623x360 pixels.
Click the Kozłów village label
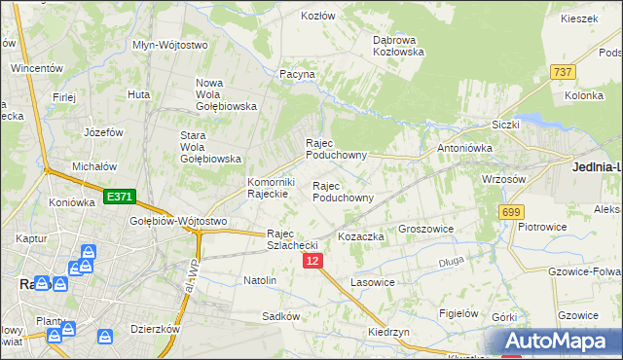pos(318,17)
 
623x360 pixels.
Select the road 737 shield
pos(562,72)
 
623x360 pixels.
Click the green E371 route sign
pos(119,197)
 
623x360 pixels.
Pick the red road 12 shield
pos(312,261)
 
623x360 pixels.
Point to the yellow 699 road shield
pos(510,211)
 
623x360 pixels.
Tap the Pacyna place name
pos(297,74)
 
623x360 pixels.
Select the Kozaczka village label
pos(361,236)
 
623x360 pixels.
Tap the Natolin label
pos(260,280)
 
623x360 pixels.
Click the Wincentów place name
pos(36,69)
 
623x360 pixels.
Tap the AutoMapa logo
pos(564,342)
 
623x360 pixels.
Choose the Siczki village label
pos(506,126)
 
